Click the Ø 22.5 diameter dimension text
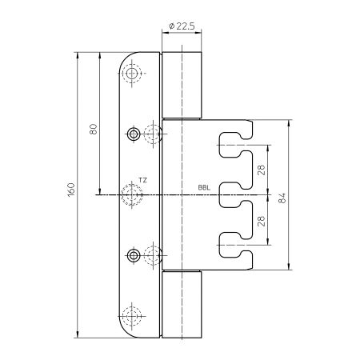(x=182, y=26)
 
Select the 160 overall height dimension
(x=71, y=190)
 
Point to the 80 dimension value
(x=94, y=130)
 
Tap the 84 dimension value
(x=282, y=198)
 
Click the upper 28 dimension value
(x=262, y=170)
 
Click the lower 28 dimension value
(x=262, y=221)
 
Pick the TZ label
(x=142, y=181)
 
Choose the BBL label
(x=204, y=187)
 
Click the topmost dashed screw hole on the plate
(x=132, y=73)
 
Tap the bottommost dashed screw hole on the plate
(x=132, y=316)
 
